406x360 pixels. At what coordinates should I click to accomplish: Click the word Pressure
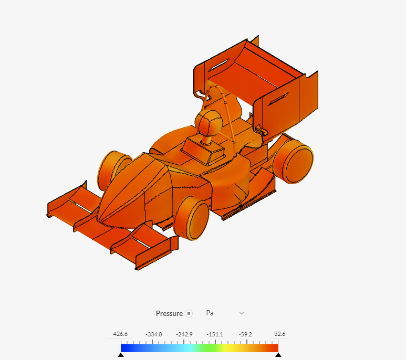pos(169,313)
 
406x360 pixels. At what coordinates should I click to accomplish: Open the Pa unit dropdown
pos(225,313)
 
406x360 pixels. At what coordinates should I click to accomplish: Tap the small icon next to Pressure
pos(189,314)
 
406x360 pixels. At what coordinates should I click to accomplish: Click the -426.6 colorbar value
pos(119,334)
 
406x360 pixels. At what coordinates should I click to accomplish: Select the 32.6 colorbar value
pos(279,334)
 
